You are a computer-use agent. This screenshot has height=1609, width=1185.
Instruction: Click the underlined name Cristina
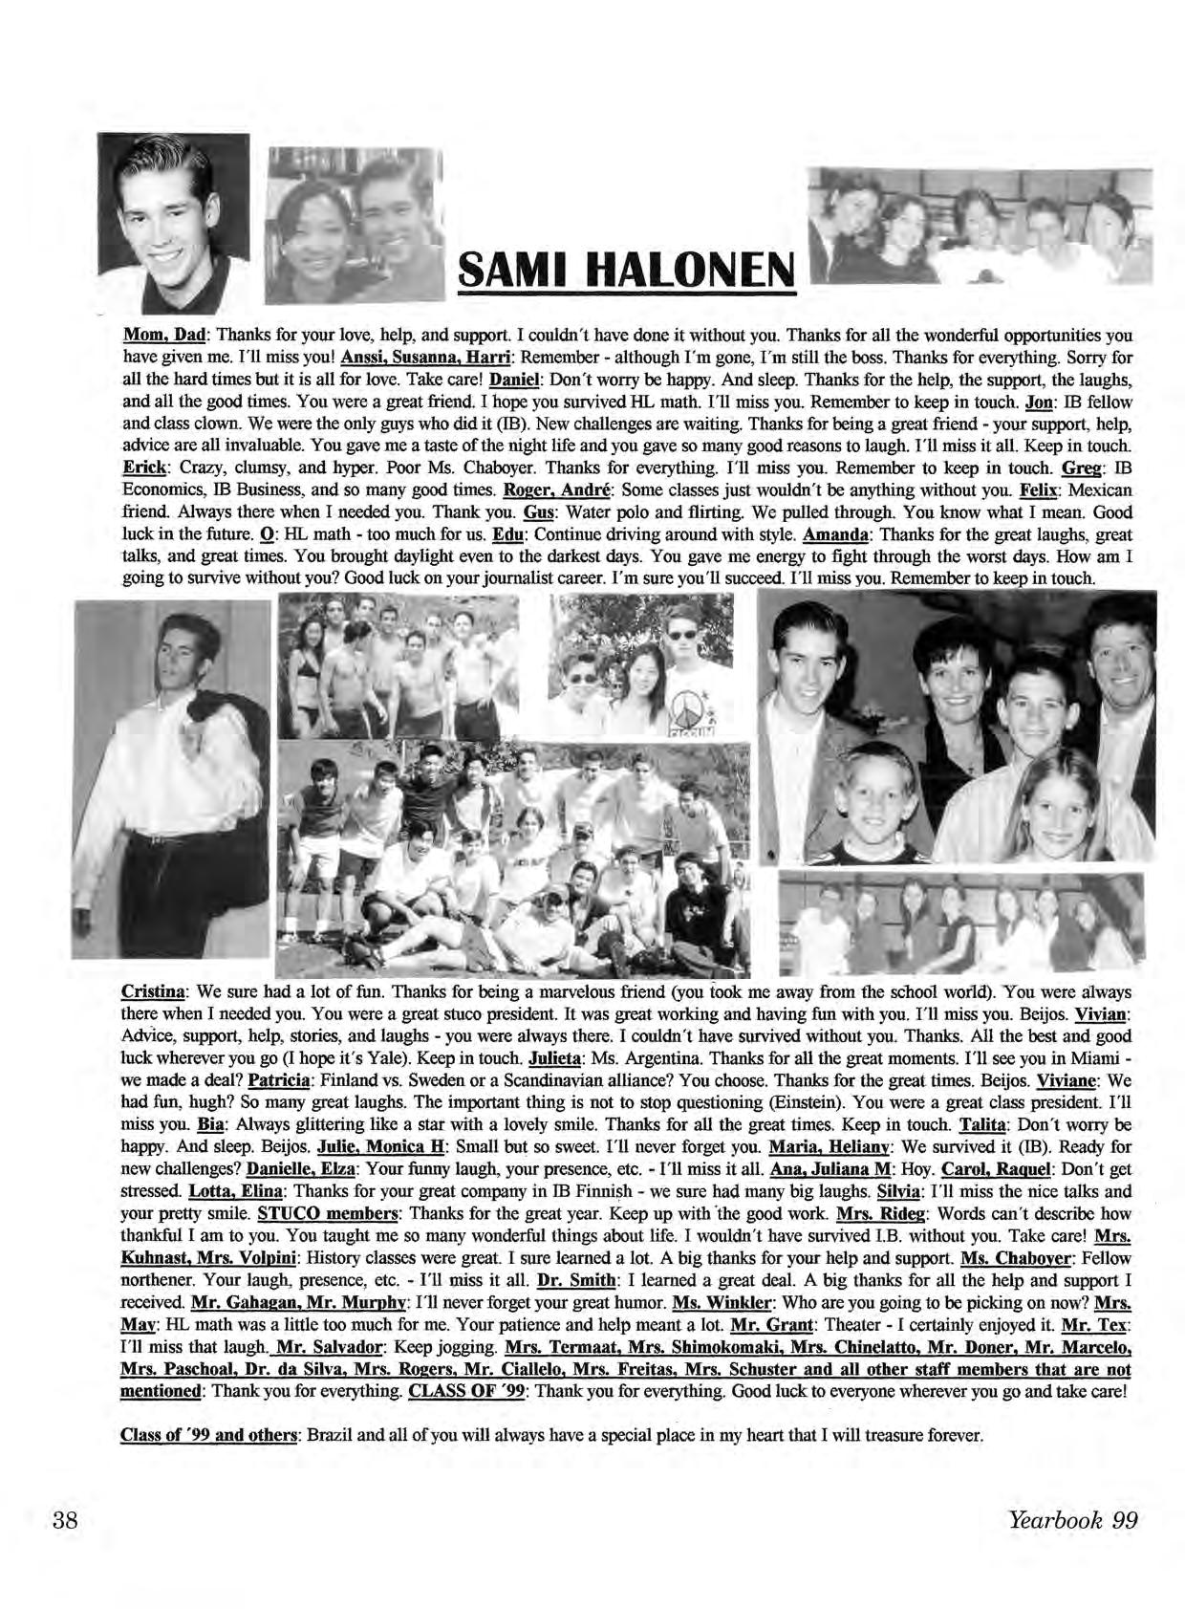[x=153, y=991]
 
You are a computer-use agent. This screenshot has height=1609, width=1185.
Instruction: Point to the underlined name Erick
[x=144, y=468]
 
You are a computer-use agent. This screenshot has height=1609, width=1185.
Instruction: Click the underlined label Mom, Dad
[x=166, y=337]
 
